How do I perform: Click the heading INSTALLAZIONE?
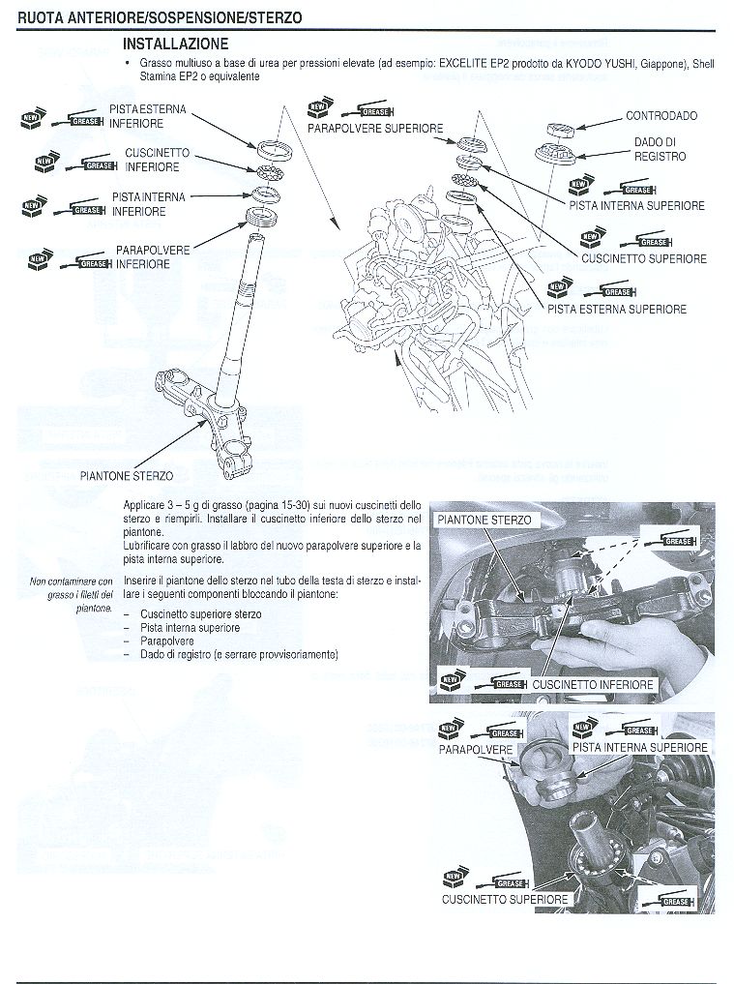click(176, 45)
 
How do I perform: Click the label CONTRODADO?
click(661, 116)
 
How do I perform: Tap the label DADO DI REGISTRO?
click(660, 149)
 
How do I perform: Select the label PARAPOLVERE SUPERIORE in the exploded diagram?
click(375, 129)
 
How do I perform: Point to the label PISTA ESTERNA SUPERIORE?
click(617, 310)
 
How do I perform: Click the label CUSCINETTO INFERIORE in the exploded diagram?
click(153, 161)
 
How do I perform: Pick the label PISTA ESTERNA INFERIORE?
click(148, 117)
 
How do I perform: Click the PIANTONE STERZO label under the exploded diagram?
click(127, 476)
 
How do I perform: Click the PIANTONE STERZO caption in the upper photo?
click(484, 520)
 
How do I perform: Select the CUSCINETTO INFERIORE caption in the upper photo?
click(593, 685)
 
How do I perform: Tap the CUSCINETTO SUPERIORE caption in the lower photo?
click(505, 900)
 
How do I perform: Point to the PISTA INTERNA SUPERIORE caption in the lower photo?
click(639, 748)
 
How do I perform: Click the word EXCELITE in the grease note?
click(463, 64)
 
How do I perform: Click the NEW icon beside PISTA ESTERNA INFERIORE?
click(31, 119)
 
